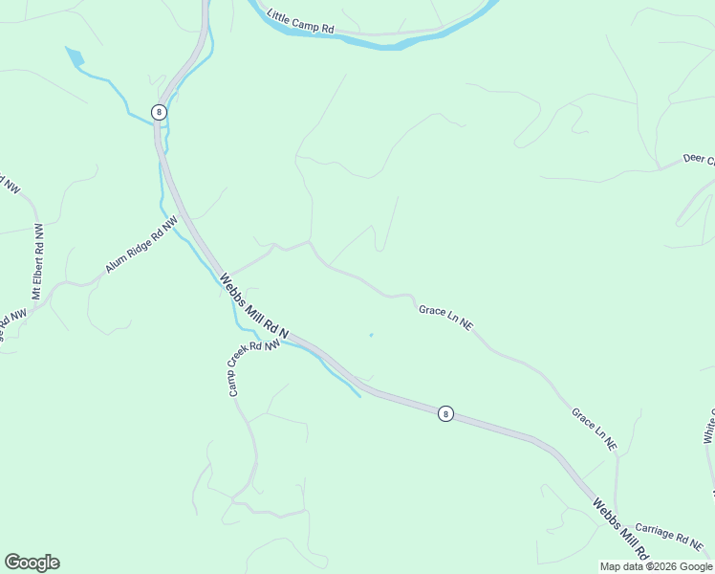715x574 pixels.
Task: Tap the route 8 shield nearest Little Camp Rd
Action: (x=159, y=112)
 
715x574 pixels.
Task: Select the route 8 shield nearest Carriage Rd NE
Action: (x=445, y=413)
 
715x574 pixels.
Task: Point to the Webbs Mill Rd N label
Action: (x=254, y=305)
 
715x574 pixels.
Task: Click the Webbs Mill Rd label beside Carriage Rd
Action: (x=620, y=529)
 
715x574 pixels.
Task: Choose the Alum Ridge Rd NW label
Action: (x=142, y=246)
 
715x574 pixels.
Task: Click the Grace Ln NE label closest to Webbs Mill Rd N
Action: (x=445, y=317)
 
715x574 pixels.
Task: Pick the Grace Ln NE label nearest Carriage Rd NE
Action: (x=595, y=430)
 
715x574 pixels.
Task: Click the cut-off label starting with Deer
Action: (x=699, y=158)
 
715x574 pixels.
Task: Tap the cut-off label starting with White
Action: (x=708, y=426)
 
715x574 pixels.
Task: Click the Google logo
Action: (x=32, y=563)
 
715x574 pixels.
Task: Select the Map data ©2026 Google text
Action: (x=656, y=566)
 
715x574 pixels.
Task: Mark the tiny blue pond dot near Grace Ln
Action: (x=371, y=335)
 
